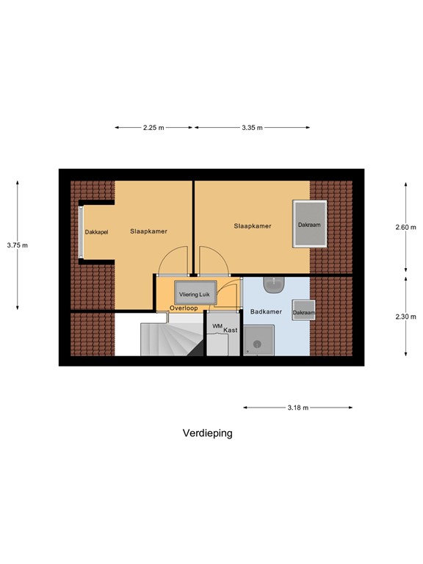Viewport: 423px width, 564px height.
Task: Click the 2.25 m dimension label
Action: pos(153,128)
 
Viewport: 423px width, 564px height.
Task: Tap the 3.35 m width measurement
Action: pos(252,128)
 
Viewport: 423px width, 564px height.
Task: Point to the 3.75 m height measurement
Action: pos(17,245)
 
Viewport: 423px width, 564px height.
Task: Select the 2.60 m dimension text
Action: pos(405,227)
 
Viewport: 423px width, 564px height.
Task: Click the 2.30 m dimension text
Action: pos(405,317)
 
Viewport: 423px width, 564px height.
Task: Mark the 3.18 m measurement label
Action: pos(297,408)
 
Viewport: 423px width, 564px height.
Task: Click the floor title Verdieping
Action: pos(207,433)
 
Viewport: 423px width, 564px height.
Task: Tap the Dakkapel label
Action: pos(96,232)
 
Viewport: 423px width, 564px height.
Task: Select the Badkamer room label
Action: pos(266,311)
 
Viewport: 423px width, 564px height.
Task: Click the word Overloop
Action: pos(184,308)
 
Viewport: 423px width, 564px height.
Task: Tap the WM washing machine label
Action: pos(217,325)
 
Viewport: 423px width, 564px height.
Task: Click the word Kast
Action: pos(231,330)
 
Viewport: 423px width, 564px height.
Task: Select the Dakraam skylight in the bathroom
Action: pos(304,312)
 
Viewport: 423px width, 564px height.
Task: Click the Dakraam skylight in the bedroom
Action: pos(308,225)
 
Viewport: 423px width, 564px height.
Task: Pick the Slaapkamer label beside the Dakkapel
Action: pos(148,231)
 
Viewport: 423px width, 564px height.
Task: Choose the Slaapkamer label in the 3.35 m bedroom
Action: pos(253,226)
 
